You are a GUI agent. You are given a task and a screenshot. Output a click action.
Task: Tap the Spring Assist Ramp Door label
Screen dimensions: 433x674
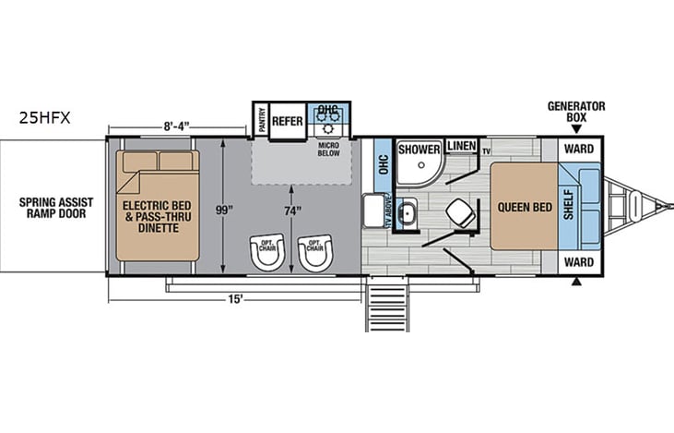coord(52,208)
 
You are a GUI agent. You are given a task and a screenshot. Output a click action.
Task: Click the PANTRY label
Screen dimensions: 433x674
coord(261,120)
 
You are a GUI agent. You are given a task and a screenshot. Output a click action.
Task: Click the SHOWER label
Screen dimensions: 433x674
coord(420,149)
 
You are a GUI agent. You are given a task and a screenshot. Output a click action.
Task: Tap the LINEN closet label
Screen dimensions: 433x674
coord(459,147)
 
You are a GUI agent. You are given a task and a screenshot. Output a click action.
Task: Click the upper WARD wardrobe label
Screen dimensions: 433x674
coord(578,149)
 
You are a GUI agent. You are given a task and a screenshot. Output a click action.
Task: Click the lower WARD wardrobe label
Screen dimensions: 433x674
coord(578,263)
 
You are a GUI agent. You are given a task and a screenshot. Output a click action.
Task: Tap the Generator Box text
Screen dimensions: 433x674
coord(575,112)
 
